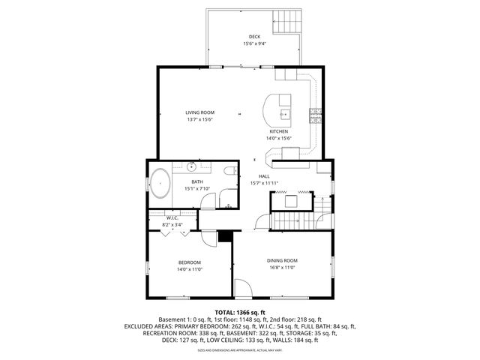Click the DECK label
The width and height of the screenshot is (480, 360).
pyautogui.click(x=256, y=37)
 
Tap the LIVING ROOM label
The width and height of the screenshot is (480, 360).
pyautogui.click(x=200, y=112)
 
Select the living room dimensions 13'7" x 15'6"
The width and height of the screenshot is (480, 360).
pyautogui.click(x=200, y=119)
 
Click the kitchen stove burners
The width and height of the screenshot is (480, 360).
pyautogui.click(x=315, y=114)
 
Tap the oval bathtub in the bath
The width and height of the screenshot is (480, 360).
pyautogui.click(x=160, y=183)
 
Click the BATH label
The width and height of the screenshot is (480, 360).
pyautogui.click(x=196, y=181)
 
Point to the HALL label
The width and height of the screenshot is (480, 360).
pyautogui.click(x=264, y=176)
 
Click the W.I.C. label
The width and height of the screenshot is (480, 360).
pyautogui.click(x=172, y=218)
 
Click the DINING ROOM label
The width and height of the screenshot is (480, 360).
pyautogui.click(x=282, y=260)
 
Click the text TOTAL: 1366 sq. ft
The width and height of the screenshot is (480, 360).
pyautogui.click(x=240, y=312)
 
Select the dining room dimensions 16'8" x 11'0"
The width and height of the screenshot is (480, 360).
pyautogui.click(x=282, y=267)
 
